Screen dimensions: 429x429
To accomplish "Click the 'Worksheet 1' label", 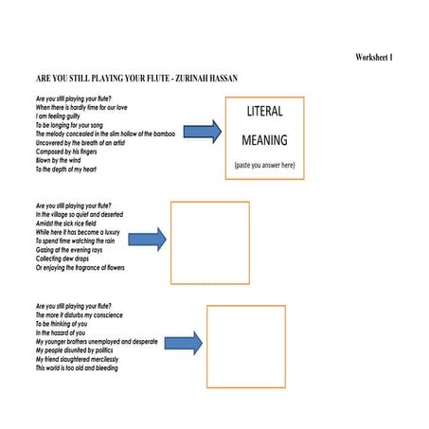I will click(x=374, y=59).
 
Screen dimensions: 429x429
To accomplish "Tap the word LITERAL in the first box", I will click(x=264, y=112).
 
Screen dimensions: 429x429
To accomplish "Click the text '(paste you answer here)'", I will click(x=264, y=166).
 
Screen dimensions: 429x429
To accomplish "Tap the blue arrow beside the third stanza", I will click(x=185, y=343).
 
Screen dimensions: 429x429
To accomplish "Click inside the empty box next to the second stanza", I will click(x=209, y=242).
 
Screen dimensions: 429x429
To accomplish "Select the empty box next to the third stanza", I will click(x=246, y=346).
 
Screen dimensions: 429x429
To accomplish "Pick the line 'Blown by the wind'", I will click(x=59, y=160).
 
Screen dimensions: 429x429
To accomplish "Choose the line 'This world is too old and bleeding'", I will click(x=78, y=368).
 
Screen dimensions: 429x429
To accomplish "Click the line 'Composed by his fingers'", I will click(x=67, y=152).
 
